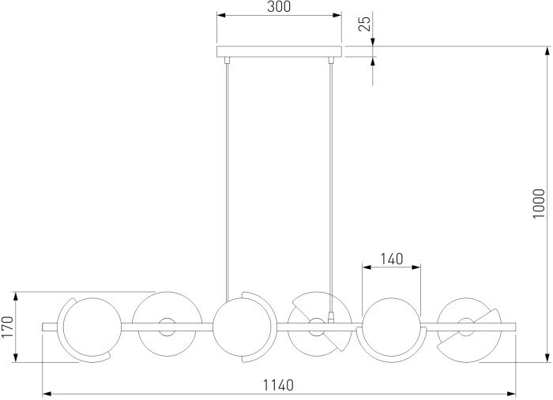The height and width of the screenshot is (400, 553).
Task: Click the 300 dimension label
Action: (x=279, y=6)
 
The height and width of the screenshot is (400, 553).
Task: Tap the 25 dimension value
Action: (x=365, y=24)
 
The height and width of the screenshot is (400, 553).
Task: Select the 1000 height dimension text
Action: (x=539, y=204)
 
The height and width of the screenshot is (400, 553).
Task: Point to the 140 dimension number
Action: (x=392, y=259)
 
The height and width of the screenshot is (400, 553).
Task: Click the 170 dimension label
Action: (x=7, y=327)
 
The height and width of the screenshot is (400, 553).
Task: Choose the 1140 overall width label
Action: (x=278, y=385)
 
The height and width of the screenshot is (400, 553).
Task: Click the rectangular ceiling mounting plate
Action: (x=279, y=51)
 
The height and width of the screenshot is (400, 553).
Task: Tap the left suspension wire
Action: (x=228, y=181)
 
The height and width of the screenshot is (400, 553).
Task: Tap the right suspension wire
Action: (x=330, y=188)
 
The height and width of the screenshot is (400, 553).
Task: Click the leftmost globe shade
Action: (x=88, y=327)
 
